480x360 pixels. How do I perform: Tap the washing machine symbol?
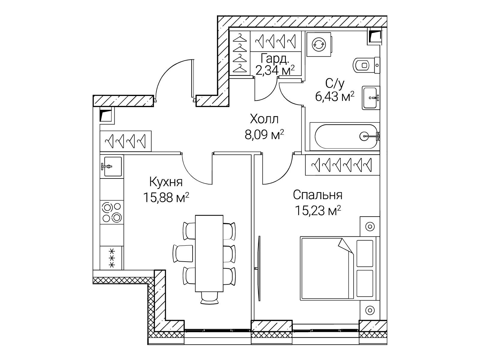pos(319,45)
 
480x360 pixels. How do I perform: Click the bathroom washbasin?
pos(371,98)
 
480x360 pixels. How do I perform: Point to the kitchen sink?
pos(112,166)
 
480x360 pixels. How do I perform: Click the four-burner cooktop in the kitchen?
pos(112,212)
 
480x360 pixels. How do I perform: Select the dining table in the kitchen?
pos(209,253)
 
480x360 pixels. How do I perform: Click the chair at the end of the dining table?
pos(209,298)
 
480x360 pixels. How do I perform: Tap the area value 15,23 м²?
pos(318,211)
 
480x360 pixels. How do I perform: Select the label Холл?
pos(264,119)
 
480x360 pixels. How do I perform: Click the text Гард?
pos(274,58)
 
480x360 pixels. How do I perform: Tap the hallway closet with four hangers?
pos(125,141)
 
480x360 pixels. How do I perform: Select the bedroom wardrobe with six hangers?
pos(343,165)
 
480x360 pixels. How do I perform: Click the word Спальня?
pos(318,195)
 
